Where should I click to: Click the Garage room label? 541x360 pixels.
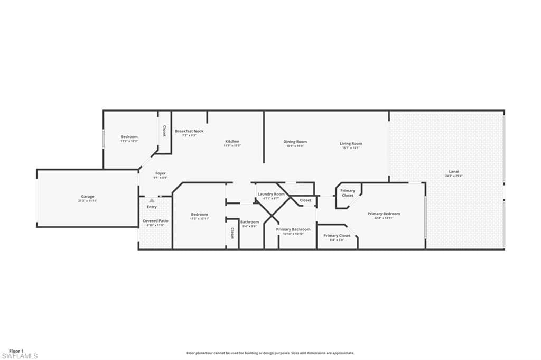pyautogui.click(x=88, y=197)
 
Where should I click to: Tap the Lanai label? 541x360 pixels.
pyautogui.click(x=453, y=171)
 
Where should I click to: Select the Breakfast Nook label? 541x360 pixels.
pyautogui.click(x=189, y=131)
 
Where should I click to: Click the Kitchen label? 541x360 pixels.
pyautogui.click(x=232, y=141)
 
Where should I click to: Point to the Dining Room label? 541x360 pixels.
pyautogui.click(x=295, y=142)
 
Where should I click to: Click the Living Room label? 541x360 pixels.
pyautogui.click(x=351, y=143)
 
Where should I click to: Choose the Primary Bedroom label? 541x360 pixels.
pyautogui.click(x=384, y=214)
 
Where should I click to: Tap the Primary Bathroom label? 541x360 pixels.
pyautogui.click(x=293, y=229)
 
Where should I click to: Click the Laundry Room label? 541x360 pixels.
pyautogui.click(x=271, y=194)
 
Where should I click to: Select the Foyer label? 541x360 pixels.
pyautogui.click(x=161, y=173)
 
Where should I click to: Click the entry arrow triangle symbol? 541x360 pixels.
pyautogui.click(x=152, y=200)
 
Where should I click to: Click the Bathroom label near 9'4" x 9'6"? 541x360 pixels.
pyautogui.click(x=250, y=222)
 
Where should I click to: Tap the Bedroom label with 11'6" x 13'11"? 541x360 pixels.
pyautogui.click(x=199, y=214)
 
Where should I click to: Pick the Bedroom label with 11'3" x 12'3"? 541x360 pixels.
pyautogui.click(x=129, y=136)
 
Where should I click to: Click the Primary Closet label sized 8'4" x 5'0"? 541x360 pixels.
pyautogui.click(x=337, y=236)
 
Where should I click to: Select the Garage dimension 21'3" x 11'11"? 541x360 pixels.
pyautogui.click(x=88, y=201)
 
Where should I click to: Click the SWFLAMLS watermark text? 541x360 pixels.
pyautogui.click(x=20, y=356)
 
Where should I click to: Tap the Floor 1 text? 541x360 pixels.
pyautogui.click(x=16, y=351)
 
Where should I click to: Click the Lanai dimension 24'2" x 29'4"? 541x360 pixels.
pyautogui.click(x=453, y=176)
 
